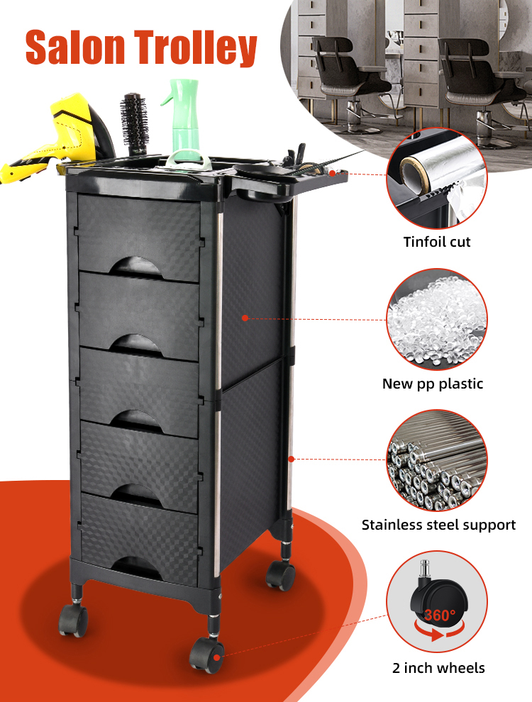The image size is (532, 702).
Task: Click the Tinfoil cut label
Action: tap(437, 242)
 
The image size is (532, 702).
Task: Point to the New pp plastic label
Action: tap(433, 384)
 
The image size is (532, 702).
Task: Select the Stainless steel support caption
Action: tap(438, 525)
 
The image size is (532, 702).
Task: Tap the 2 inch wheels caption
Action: tap(438, 667)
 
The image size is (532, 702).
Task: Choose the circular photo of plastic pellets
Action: tap(437, 320)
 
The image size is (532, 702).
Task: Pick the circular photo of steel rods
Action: tap(437, 462)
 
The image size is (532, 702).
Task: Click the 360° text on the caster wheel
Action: tap(440, 615)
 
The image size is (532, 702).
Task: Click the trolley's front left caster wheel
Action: tap(73, 620)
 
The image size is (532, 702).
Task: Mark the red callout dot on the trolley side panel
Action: tap(245, 318)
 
